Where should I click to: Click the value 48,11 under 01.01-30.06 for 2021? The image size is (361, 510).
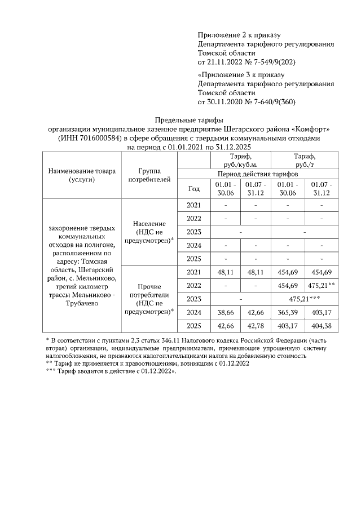pyautogui.click(x=224, y=272)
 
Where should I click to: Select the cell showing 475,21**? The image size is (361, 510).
pyautogui.click(x=321, y=285)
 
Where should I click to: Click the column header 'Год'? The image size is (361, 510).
pyautogui.click(x=193, y=189)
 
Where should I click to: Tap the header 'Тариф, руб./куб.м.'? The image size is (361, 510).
pyautogui.click(x=240, y=160)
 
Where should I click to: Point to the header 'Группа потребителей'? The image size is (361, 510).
pyautogui.click(x=149, y=175)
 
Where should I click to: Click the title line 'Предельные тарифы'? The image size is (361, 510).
pyautogui.click(x=189, y=120)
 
